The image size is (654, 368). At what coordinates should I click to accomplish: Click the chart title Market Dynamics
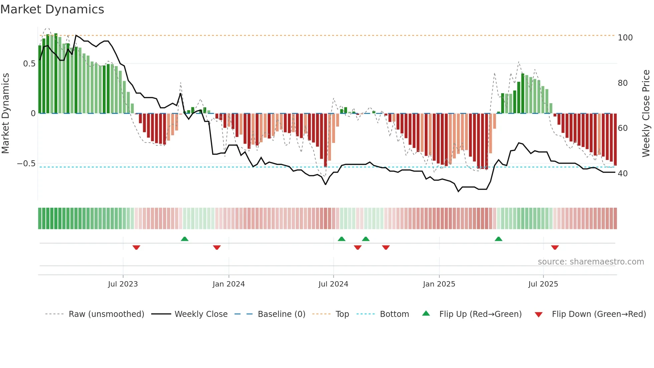tap(52, 9)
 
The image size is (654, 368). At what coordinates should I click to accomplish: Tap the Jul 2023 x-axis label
tap(123, 284)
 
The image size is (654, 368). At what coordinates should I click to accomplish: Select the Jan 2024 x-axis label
tap(229, 284)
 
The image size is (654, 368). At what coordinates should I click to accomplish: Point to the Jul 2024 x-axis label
tap(333, 284)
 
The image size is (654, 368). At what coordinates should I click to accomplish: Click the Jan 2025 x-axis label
tap(439, 284)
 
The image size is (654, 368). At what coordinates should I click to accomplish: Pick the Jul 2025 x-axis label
tap(543, 284)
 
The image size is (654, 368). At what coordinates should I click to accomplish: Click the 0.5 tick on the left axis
tap(29, 64)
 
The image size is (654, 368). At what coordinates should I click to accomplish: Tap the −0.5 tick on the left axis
tap(26, 164)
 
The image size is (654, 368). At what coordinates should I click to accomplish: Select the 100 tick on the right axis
tap(625, 38)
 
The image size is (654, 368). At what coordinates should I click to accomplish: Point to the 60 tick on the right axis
tap(623, 128)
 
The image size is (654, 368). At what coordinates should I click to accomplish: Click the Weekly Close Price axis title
tap(646, 114)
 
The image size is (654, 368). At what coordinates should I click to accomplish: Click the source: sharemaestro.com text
tap(591, 262)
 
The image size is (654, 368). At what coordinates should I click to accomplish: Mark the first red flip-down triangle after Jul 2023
tap(136, 247)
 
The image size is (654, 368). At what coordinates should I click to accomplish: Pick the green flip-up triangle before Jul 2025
tap(499, 239)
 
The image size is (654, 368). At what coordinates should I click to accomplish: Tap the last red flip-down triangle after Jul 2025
tap(555, 247)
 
